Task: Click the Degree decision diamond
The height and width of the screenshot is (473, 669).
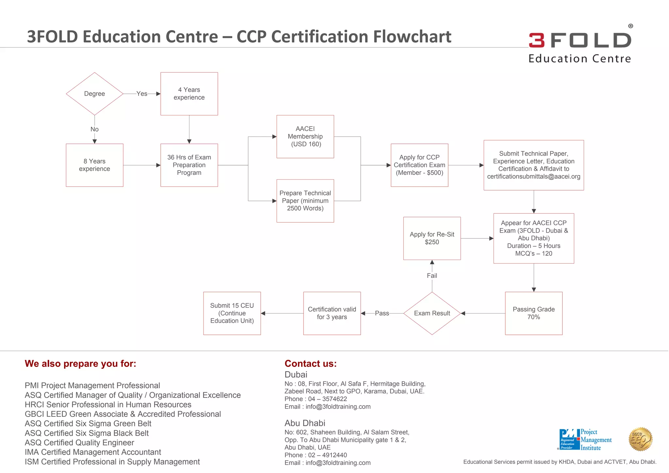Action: (x=94, y=94)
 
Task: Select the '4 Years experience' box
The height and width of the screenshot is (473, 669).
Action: (x=189, y=94)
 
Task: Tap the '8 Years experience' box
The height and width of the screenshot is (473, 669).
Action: (x=94, y=165)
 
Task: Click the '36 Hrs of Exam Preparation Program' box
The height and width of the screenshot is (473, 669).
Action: (x=189, y=165)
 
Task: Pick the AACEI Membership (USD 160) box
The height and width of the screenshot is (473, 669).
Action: (x=305, y=137)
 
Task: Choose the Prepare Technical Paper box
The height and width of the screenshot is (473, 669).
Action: (x=305, y=201)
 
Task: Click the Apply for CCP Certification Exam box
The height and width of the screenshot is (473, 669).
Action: (x=419, y=165)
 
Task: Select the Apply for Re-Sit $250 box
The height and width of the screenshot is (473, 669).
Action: (x=432, y=238)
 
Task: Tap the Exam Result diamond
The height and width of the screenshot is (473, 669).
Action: (x=432, y=313)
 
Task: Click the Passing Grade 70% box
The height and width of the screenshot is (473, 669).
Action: (x=533, y=313)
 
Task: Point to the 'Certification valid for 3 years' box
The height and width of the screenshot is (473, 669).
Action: (x=332, y=313)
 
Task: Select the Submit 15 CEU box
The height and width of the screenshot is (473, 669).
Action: (x=232, y=313)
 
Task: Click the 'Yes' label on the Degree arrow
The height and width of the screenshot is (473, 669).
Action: (x=142, y=94)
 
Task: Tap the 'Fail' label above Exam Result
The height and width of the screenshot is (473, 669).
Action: (x=432, y=276)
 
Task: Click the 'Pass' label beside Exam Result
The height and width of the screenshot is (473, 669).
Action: (x=382, y=313)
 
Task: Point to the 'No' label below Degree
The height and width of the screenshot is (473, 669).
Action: (x=94, y=129)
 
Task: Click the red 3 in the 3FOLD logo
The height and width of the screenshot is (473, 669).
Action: (x=537, y=40)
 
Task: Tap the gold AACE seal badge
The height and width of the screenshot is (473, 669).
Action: (x=640, y=439)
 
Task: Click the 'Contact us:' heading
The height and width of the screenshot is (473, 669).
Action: (x=310, y=364)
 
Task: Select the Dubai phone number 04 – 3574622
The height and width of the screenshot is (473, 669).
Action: (x=328, y=399)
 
